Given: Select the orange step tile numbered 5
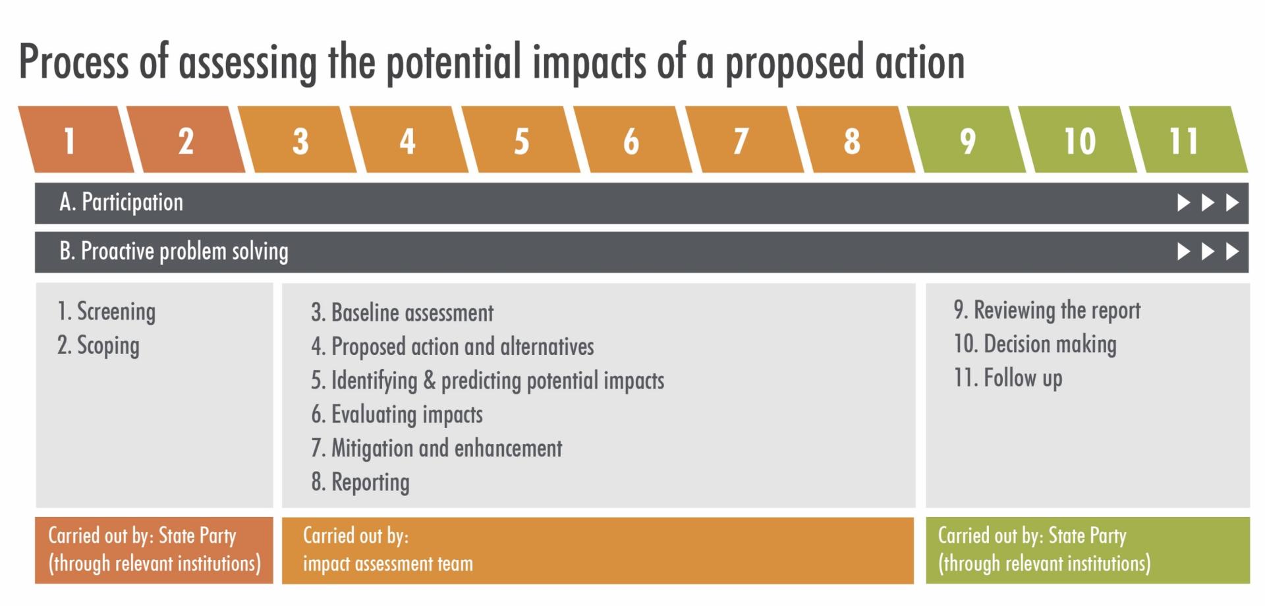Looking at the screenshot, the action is point(521,140).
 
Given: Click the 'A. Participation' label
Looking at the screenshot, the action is point(121,203).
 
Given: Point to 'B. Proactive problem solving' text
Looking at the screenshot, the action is point(174,252).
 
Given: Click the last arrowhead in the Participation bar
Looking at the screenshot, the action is point(1232,203).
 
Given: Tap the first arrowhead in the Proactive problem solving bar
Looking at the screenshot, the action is point(1184,252).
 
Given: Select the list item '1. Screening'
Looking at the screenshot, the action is point(107,312).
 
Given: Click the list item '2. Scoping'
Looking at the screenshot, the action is point(99,346).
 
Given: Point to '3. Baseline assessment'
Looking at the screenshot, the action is point(403,313).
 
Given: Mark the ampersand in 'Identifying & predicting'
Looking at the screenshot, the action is point(430,381).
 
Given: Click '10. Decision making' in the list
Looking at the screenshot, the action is point(1035,344).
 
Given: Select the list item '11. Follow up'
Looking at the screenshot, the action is point(1008,379).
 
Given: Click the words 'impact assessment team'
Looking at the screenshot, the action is point(388,564).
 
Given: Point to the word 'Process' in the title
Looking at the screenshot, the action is point(74,62).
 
